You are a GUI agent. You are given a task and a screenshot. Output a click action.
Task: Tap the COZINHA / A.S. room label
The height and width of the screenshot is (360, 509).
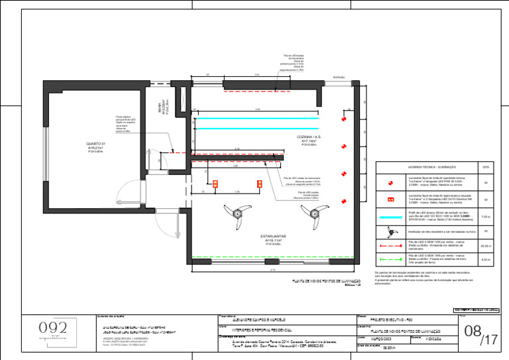click(x=310, y=137)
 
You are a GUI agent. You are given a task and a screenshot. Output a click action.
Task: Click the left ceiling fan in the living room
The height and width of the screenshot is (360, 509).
click(x=237, y=211)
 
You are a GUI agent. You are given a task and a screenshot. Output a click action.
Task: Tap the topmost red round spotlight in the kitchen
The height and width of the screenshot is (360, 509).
click(x=344, y=119)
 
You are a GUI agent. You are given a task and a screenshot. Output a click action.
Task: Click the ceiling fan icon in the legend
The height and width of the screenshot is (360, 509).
click(x=391, y=231)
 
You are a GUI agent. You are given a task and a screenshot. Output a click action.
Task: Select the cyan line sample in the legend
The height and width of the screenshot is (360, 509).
click(x=391, y=217)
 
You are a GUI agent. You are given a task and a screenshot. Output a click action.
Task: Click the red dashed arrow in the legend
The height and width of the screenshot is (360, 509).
click(x=391, y=245)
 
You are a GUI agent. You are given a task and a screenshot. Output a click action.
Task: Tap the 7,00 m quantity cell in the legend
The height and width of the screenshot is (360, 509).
click(x=485, y=217)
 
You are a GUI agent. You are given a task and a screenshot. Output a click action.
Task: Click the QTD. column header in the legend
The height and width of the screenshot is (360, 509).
click(x=485, y=167)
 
